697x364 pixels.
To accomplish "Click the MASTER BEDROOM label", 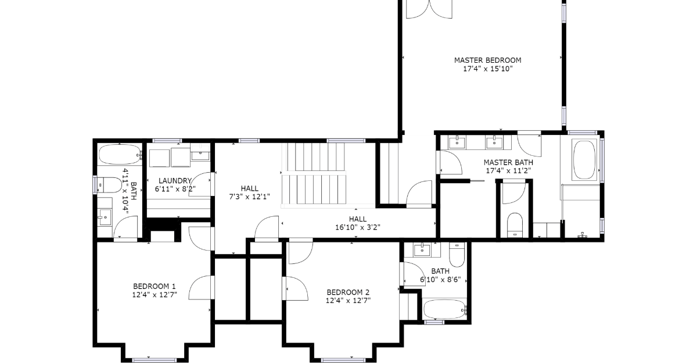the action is [487, 60].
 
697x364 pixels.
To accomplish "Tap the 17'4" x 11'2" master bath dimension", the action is [508, 170].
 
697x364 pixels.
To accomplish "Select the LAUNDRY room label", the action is [175, 181].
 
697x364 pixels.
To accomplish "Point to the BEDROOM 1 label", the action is [155, 286].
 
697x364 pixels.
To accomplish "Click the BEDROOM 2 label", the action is [348, 292].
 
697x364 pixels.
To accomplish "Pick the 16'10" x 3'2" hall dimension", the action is [358, 227].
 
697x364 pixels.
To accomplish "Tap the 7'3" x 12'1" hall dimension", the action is [250, 197].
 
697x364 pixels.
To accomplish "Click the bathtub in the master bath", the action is [584, 160].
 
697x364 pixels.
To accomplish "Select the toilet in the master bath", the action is [515, 225].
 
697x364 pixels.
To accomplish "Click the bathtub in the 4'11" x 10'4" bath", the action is [120, 155].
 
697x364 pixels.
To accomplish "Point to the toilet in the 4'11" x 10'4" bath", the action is [109, 185].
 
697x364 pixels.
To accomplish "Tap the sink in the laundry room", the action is [200, 153].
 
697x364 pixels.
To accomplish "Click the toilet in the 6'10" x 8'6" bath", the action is [457, 255].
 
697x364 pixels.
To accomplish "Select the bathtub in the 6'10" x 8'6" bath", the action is [445, 309].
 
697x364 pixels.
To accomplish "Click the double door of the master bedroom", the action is [429, 9].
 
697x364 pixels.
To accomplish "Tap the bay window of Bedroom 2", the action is [343, 361].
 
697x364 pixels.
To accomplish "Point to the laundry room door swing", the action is [201, 184].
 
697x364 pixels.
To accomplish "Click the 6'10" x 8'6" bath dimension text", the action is [440, 280].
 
